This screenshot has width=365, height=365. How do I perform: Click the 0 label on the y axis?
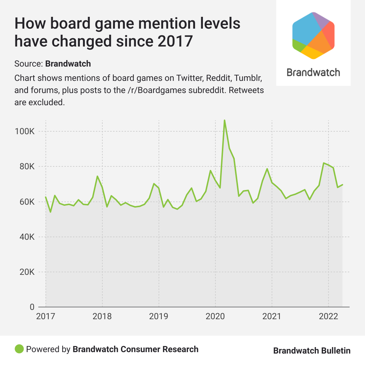32,307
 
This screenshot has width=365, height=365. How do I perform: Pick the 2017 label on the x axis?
45,317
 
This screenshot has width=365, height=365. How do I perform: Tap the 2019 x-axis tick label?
159,317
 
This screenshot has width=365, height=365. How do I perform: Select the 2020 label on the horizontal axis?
215,317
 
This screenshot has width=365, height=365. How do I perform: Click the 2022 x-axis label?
328,317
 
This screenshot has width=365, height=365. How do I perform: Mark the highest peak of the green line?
224,120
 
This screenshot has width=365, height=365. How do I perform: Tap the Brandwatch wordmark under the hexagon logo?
313,72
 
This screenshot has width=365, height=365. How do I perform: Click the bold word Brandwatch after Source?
68,64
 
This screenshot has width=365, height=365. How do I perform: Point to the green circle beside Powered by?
19,349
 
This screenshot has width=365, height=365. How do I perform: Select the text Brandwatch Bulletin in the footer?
312,351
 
